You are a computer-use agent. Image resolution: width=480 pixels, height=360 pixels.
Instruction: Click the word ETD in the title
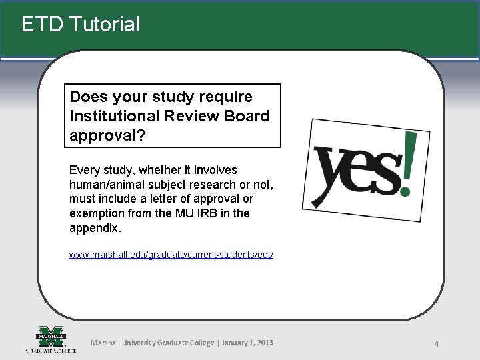coord(42,25)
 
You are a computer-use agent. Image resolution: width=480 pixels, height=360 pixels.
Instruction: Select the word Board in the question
coord(247,116)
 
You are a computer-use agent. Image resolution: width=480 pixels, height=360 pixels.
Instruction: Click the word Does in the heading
coord(89,97)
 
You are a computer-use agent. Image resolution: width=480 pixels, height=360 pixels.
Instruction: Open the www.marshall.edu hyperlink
coord(171,255)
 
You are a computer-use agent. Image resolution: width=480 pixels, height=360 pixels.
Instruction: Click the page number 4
coord(436,344)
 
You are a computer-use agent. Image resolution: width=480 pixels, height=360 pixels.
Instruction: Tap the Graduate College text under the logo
coord(51,350)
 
